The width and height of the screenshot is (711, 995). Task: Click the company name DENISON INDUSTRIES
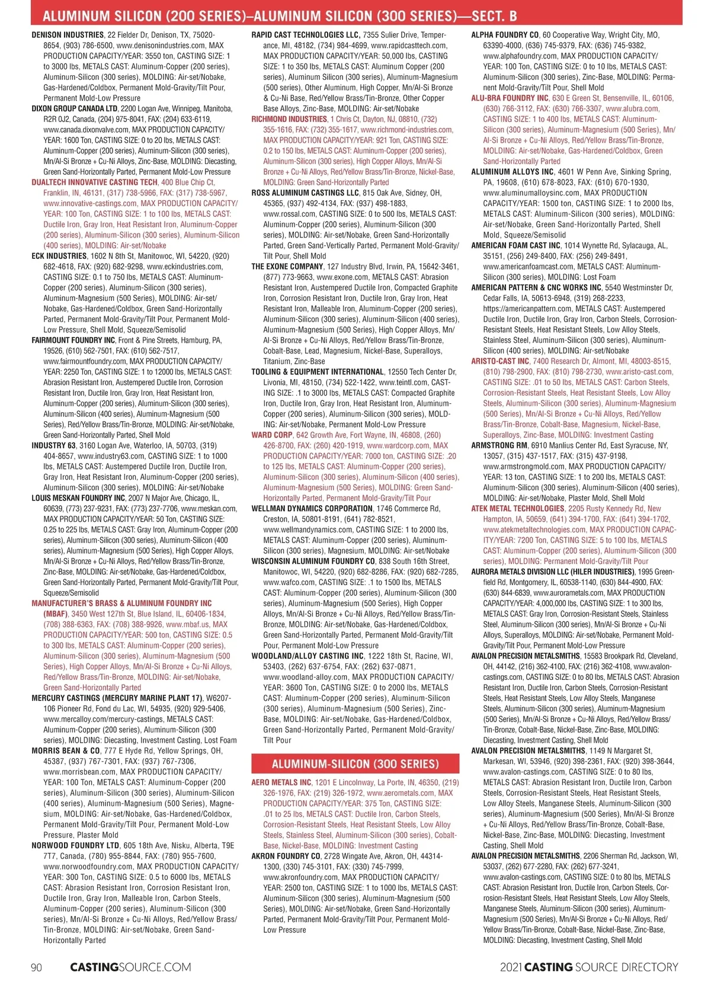tap(68, 35)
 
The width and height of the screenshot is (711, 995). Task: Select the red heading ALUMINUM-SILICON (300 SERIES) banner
tap(355, 764)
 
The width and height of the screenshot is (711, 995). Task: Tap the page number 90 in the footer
tap(36, 967)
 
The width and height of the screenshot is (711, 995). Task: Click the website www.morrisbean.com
tap(79, 772)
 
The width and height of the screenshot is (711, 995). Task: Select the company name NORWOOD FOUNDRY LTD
tap(75, 845)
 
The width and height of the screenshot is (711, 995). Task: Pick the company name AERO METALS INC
tap(281, 782)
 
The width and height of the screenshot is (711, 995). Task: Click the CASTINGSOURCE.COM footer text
tap(130, 967)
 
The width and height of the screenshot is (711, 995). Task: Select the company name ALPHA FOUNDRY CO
tap(505, 35)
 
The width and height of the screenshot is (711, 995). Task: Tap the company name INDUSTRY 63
tap(53, 445)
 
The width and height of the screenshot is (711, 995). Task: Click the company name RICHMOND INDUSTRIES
tap(289, 119)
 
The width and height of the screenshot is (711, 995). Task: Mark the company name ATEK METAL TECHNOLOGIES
tap(517, 508)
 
